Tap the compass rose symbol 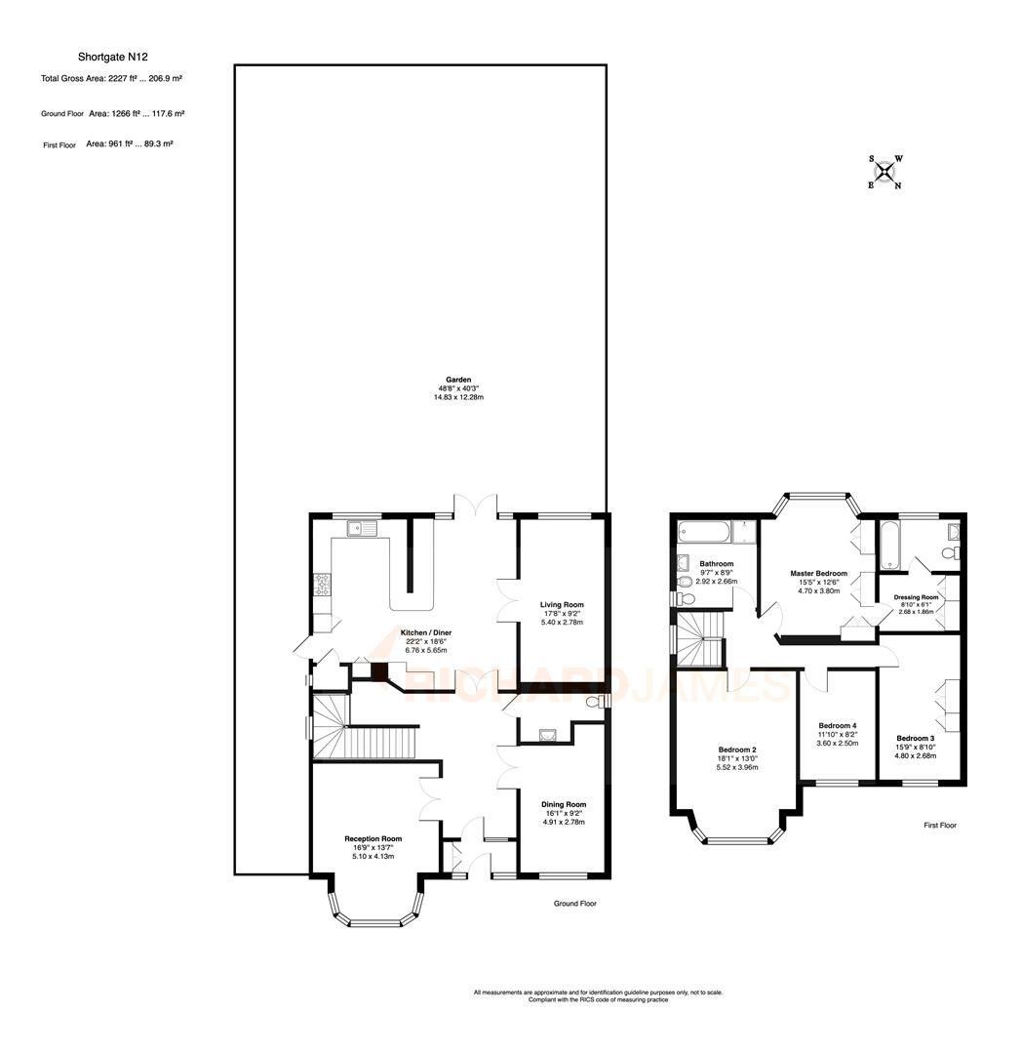coord(884,173)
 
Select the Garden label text coord(458,380)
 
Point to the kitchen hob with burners coord(321,585)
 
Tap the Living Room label coord(562,605)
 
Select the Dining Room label coord(563,805)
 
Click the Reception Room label coord(373,838)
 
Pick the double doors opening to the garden coord(475,506)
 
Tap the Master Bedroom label coord(818,574)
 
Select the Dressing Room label coord(916,597)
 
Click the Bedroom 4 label coord(837,726)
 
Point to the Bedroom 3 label coord(916,738)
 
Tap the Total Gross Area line coord(112,79)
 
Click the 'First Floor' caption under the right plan coord(940,826)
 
